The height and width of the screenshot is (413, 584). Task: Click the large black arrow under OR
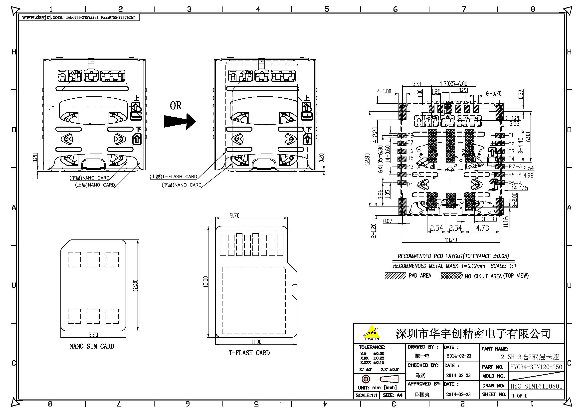pos(180,121)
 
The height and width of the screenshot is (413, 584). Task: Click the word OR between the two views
pos(176,106)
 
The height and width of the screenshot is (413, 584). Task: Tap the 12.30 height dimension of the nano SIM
pos(135,285)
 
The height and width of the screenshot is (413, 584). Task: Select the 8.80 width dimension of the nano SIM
pos(93,335)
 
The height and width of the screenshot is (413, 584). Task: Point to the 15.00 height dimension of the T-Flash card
pos(205,281)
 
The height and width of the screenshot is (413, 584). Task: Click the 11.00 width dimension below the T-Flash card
pos(256,342)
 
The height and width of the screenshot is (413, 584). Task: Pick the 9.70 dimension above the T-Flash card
pos(234,215)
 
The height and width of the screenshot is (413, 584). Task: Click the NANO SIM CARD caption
pos(92,346)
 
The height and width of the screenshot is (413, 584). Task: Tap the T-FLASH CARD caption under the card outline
pos(249,353)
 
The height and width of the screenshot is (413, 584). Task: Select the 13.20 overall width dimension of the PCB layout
pos(450,239)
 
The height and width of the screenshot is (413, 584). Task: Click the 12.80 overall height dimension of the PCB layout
pos(367,159)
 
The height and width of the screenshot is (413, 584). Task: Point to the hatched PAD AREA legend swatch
pos(395,276)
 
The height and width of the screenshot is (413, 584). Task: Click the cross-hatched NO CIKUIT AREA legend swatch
pos(451,276)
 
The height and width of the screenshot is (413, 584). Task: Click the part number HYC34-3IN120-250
pos(536,367)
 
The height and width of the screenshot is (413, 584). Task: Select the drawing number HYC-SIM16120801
pos(536,386)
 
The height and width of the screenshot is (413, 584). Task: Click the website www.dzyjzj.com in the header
pos(42,17)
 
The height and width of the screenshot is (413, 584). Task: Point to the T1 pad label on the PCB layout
pos(511,135)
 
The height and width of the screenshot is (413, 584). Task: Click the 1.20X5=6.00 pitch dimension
pos(453,84)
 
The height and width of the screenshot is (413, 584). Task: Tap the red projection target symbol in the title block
pos(366,379)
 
